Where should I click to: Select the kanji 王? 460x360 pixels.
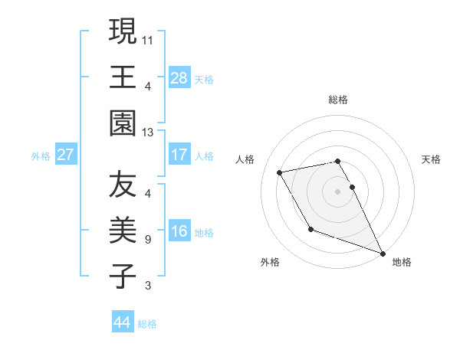[122, 77]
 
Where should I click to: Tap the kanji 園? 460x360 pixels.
[122, 123]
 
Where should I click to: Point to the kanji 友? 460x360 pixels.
[122, 185]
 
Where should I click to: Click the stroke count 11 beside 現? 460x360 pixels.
[149, 38]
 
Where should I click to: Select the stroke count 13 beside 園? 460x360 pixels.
[149, 133]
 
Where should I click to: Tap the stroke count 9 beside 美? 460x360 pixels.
[147, 240]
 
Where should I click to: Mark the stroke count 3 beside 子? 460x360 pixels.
[147, 286]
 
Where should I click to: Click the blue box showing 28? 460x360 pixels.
[179, 78]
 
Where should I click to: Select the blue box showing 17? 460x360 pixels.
[179, 155]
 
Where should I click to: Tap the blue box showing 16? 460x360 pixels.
[179, 232]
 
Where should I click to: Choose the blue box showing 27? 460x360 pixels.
[65, 155]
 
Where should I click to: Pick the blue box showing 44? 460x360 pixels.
[122, 322]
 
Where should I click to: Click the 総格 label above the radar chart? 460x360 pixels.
[338, 100]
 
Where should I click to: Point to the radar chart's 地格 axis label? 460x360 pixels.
[402, 262]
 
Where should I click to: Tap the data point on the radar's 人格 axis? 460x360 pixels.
[280, 172]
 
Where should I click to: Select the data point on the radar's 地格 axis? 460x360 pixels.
[383, 254]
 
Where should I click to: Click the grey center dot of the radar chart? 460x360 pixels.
[338, 191]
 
